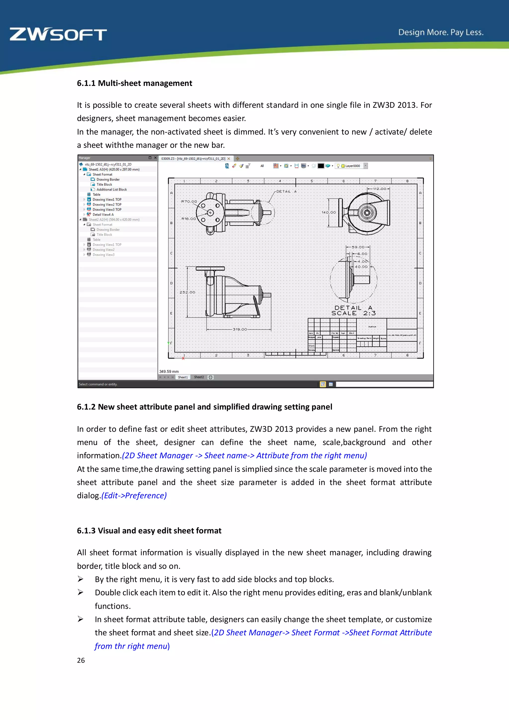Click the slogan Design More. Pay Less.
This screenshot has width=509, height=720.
(x=441, y=32)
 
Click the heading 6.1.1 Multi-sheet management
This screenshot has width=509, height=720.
(x=134, y=83)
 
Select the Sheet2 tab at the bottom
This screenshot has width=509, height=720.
(x=199, y=377)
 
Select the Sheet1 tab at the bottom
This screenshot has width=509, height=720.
(x=183, y=377)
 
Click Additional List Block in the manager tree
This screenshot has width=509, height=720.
(x=111, y=189)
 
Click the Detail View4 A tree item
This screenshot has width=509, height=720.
(x=103, y=215)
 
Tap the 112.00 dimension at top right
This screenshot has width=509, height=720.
(x=379, y=189)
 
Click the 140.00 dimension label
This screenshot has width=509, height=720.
(x=329, y=212)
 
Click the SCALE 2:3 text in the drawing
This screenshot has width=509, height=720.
(x=353, y=313)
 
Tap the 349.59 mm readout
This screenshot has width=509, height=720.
(x=169, y=371)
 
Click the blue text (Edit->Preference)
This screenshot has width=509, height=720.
(x=134, y=495)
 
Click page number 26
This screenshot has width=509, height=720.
(x=81, y=660)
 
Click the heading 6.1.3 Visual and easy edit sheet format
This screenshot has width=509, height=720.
(x=149, y=531)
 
